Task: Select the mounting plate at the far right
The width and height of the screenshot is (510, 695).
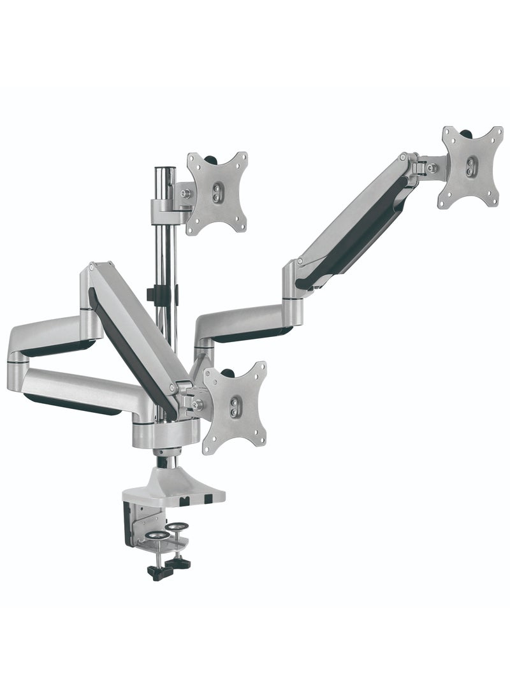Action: tap(470, 166)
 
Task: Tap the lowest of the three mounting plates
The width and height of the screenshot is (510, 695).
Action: tap(235, 406)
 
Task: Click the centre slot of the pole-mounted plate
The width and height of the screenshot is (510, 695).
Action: tap(219, 192)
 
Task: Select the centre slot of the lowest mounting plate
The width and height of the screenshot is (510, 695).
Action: tap(237, 405)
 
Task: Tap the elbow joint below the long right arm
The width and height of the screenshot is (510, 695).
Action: tap(292, 280)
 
